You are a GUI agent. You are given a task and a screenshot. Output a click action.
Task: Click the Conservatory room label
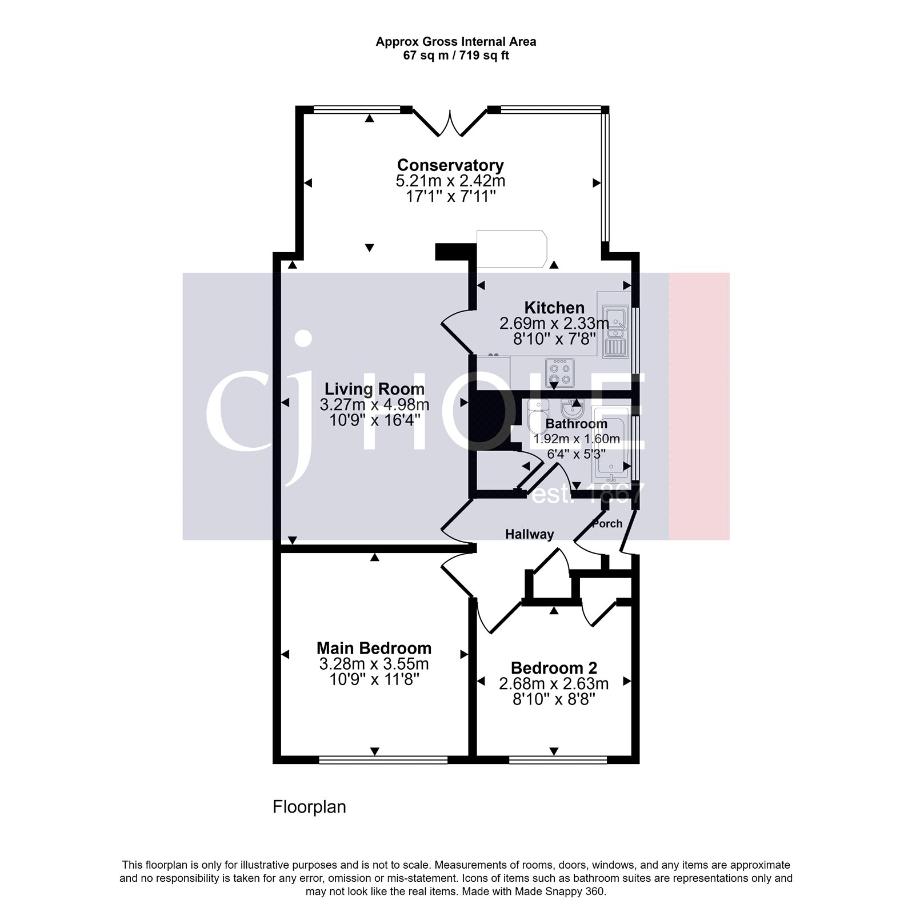[x=450, y=165]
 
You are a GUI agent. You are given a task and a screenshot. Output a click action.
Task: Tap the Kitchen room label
[x=554, y=308]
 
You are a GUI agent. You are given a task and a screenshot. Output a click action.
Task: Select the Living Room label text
[x=374, y=389]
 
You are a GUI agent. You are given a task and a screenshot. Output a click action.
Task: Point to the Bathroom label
[x=576, y=424]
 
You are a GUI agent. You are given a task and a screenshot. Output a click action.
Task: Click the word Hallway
[x=529, y=534]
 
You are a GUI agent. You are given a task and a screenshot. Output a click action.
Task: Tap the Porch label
[x=607, y=523]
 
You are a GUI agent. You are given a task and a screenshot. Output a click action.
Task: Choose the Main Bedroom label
[x=374, y=648]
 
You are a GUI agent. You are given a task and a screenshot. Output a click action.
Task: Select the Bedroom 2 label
[x=554, y=667]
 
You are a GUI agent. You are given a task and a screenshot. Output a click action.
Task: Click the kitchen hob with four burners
[x=560, y=373]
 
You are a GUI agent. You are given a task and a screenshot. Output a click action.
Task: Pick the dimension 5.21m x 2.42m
[x=450, y=181]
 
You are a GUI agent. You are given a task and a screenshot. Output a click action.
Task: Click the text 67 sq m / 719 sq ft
[x=455, y=55]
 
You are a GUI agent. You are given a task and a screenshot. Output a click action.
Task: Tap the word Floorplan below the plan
[x=309, y=807]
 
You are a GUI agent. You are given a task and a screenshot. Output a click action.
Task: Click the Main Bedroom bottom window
[x=383, y=759]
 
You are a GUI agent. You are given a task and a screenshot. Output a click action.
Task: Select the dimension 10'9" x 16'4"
[x=374, y=420]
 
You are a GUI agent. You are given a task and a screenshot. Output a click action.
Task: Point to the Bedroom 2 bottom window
[x=558, y=759]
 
